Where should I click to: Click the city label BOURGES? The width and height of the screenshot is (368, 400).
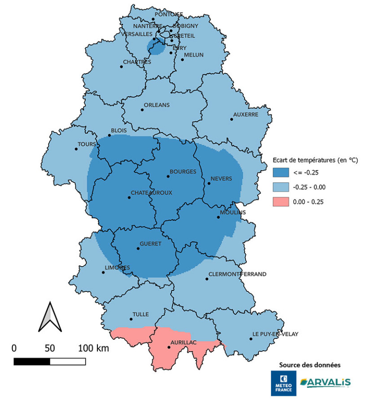tap(183, 171)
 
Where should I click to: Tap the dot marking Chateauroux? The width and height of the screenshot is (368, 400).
tap(129, 198)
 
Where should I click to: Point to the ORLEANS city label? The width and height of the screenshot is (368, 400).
tap(157, 105)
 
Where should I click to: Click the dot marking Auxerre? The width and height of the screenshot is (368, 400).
tap(232, 119)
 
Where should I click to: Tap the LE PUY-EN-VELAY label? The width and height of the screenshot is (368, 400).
tap(275, 334)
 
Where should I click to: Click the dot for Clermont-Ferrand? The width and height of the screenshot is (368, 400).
tap(207, 279)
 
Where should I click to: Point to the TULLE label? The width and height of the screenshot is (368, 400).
tap(140, 314)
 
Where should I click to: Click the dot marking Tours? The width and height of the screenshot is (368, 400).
tap(76, 149)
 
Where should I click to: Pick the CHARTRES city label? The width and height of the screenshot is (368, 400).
tap(137, 62)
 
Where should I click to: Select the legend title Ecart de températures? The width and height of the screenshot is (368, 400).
tap(315, 160)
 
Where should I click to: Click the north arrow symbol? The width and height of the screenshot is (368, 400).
tap(49, 317)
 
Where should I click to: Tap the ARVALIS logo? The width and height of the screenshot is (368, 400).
tap(326, 382)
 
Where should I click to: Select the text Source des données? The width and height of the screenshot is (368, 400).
tap(310, 364)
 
